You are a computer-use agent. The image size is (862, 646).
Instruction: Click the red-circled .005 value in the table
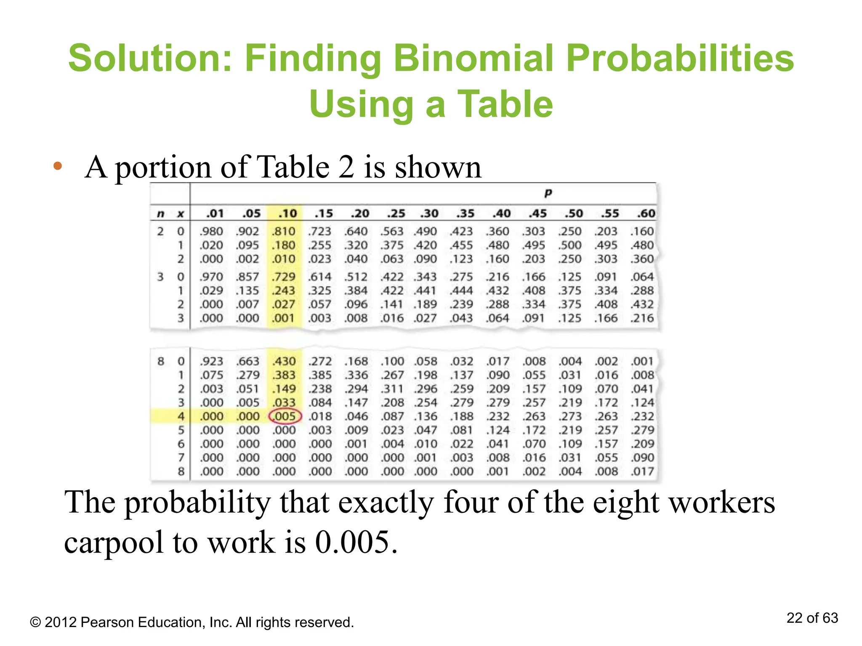tap(285, 416)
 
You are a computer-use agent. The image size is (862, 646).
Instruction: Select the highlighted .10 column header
tap(287, 214)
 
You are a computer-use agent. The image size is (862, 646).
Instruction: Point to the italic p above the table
tap(548, 193)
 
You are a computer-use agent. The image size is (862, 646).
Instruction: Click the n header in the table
tap(160, 214)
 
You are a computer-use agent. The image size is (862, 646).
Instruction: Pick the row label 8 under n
tap(161, 361)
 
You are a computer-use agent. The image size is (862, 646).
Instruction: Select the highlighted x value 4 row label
tap(181, 416)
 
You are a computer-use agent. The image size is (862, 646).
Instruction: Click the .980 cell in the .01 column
tap(211, 231)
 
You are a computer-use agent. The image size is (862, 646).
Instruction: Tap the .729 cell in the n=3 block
tap(284, 277)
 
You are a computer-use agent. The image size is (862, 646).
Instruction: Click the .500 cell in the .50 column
tap(570, 245)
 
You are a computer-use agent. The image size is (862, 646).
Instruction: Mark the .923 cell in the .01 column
tap(211, 361)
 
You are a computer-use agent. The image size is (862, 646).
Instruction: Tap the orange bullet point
tap(58, 166)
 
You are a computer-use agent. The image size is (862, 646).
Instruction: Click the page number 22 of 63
tap(812, 618)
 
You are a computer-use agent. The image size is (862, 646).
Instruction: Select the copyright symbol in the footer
tap(35, 622)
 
